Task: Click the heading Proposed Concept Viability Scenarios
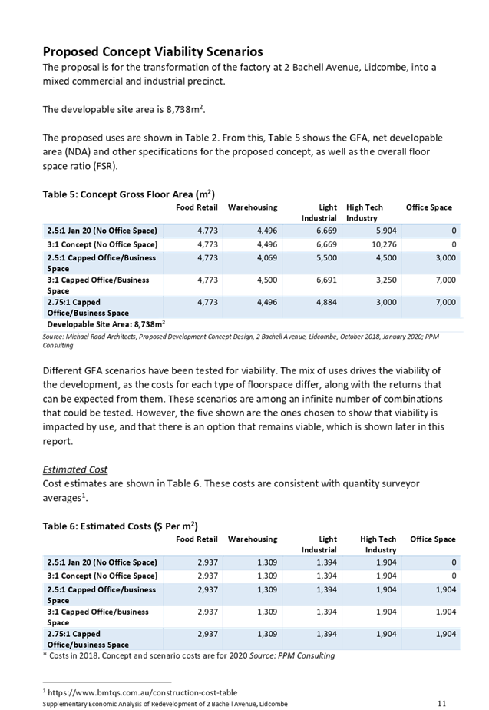tap(153, 51)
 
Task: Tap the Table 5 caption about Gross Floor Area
tap(128, 194)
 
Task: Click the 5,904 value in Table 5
tap(387, 231)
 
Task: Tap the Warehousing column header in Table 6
tap(253, 539)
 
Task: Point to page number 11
tap(441, 702)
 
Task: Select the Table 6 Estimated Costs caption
tap(120, 526)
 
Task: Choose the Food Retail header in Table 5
tap(197, 207)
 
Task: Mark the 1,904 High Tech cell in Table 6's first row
tap(385, 562)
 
